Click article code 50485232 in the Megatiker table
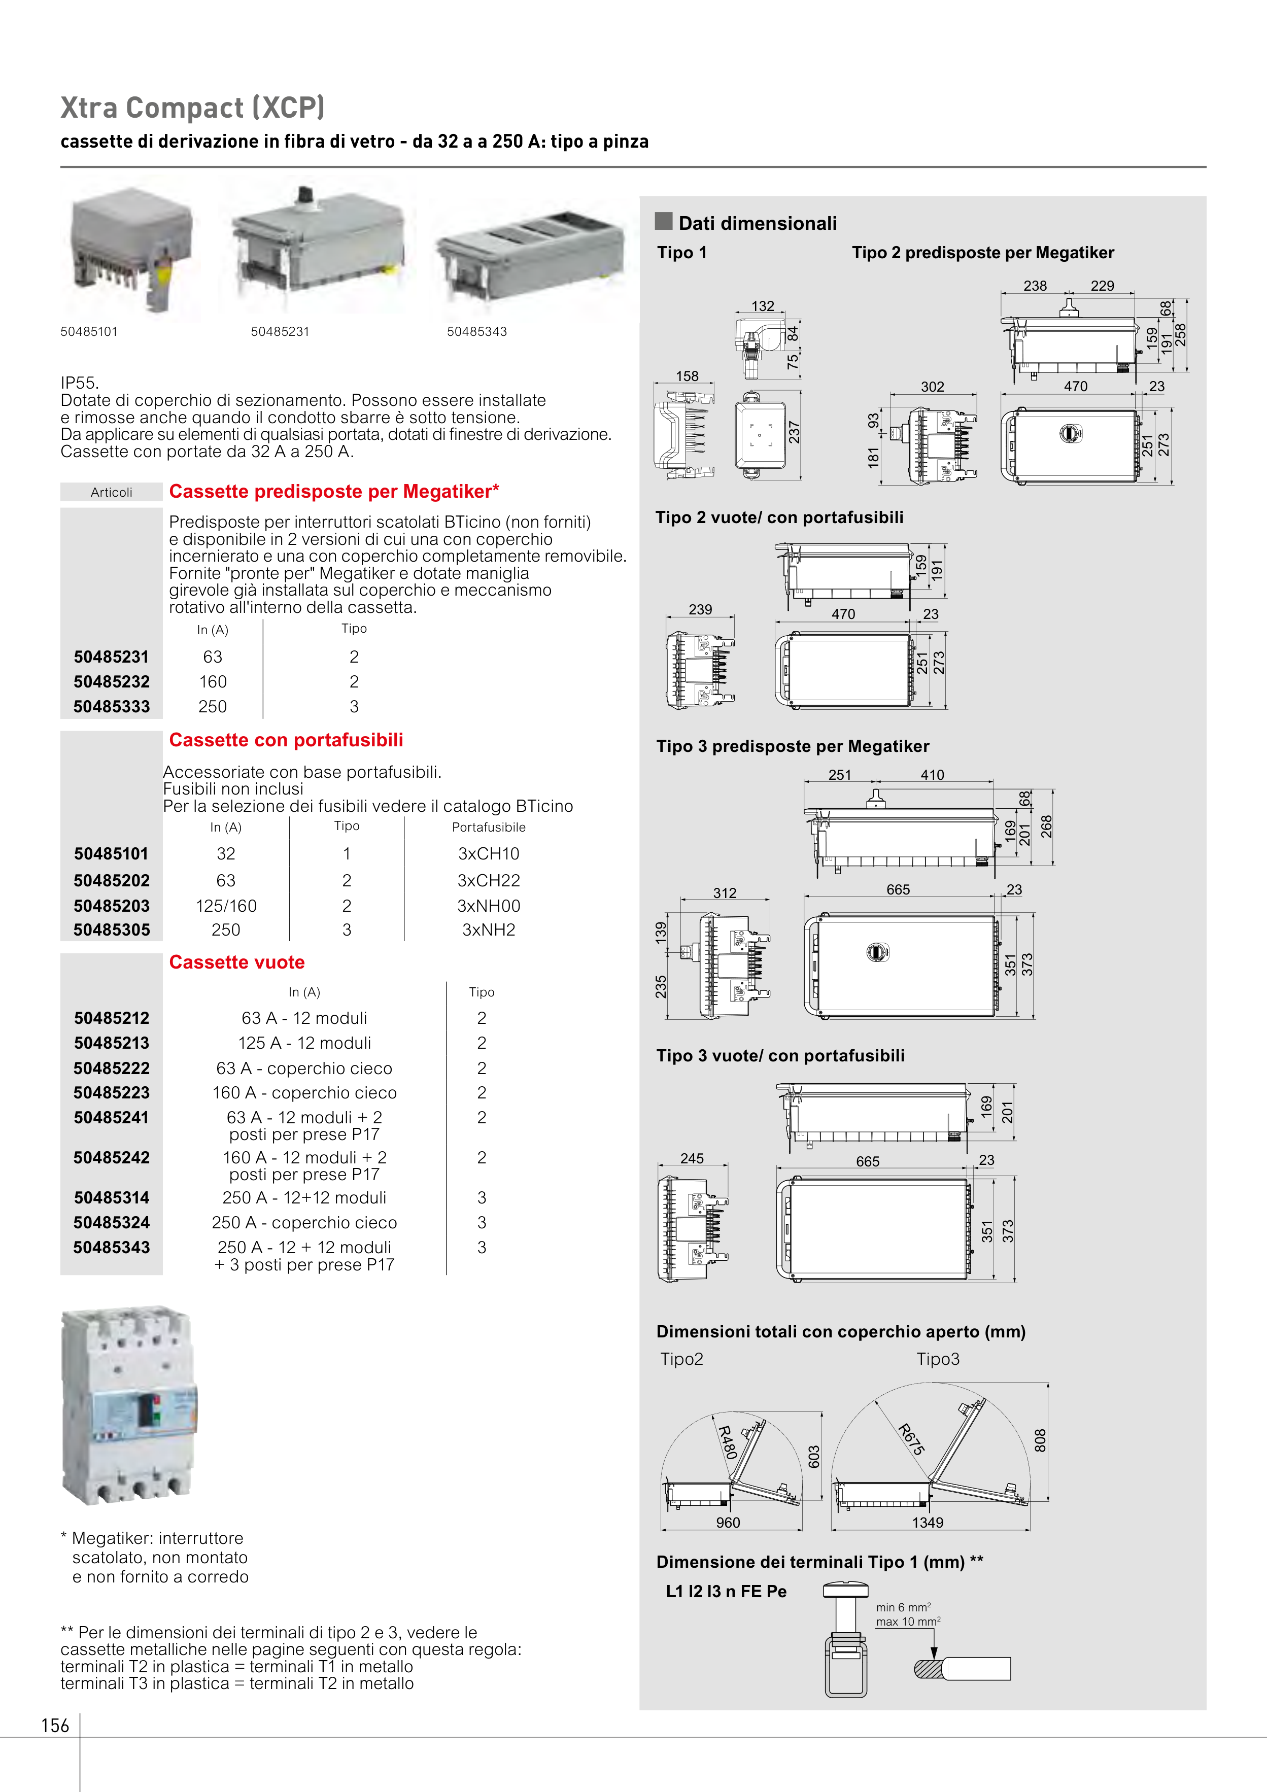pos(112,681)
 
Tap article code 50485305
pos(112,929)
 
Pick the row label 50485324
pos(112,1222)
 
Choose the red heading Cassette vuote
pos(236,962)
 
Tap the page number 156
pos(55,1725)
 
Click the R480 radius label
pos(727,1442)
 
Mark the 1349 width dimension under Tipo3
pos(928,1523)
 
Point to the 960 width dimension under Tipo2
pos(728,1523)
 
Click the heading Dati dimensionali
pos(757,223)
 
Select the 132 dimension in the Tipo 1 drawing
pos(763,306)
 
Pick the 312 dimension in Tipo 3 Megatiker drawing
pos(725,893)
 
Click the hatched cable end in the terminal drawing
pos(929,1669)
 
